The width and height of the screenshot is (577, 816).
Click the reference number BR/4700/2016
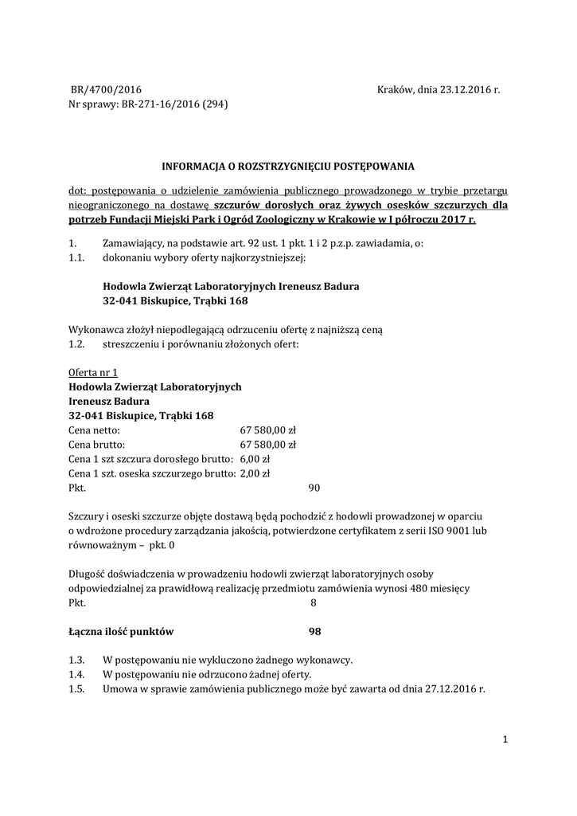click(106, 90)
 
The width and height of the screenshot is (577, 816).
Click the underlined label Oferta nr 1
click(93, 372)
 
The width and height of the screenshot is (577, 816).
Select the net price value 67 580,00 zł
click(267, 430)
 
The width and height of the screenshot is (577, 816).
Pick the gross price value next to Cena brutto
click(267, 444)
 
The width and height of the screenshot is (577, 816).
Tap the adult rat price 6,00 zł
click(255, 458)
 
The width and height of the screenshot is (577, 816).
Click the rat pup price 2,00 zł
click(255, 473)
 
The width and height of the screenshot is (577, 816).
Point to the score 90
click(314, 487)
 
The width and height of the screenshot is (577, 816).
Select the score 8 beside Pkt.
click(313, 603)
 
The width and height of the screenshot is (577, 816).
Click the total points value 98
click(314, 631)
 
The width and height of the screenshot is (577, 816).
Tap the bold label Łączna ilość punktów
click(121, 631)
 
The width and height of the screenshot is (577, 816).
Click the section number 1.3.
click(76, 660)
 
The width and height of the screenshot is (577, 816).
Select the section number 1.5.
click(76, 688)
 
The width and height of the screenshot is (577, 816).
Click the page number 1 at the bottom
click(505, 740)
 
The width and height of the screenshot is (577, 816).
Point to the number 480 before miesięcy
click(417, 588)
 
